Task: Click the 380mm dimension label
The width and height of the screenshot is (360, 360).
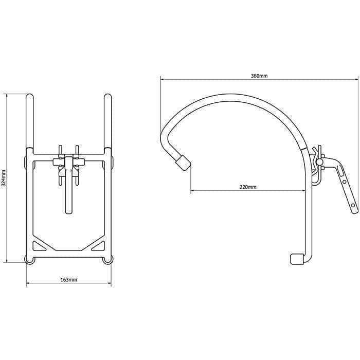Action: point(259,76)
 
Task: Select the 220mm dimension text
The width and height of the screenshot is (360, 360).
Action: point(248,187)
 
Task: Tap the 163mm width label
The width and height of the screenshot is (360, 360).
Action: point(69,279)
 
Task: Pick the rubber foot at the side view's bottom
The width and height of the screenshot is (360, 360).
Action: point(297,259)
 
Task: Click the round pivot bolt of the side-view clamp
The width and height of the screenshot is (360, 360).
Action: point(319,163)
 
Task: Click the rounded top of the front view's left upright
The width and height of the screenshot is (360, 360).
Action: point(29,96)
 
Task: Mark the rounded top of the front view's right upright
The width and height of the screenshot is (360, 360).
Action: point(107,96)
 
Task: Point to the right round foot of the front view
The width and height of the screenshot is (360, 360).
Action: point(107,260)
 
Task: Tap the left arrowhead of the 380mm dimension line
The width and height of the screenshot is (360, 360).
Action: point(162,79)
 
